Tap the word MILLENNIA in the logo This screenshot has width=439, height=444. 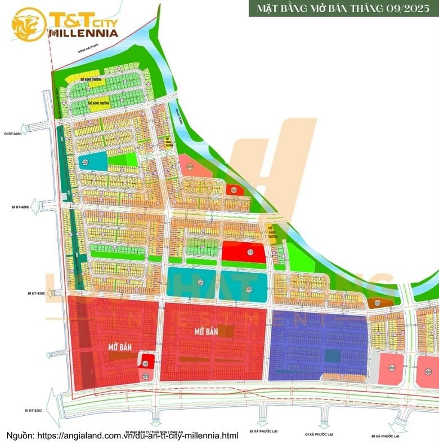[83, 33]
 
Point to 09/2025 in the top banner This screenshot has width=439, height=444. [406, 9]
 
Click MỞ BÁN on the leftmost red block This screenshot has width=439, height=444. [120, 348]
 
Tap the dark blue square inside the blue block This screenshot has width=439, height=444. [332, 356]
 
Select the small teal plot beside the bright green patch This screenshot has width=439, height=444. [92, 162]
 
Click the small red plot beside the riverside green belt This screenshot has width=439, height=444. [234, 190]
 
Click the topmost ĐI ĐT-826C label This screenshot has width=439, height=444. [12, 134]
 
